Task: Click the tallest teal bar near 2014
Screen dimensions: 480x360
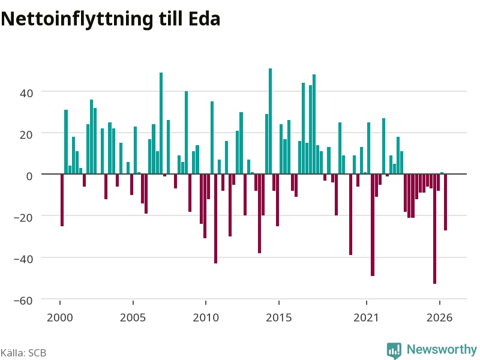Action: (x=271, y=121)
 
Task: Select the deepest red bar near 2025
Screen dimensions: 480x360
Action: (x=434, y=229)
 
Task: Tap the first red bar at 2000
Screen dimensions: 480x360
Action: (x=62, y=200)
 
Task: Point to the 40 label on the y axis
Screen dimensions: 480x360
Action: (x=26, y=93)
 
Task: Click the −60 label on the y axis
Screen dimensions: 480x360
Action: (x=23, y=301)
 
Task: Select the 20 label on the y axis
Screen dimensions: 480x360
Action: (x=26, y=134)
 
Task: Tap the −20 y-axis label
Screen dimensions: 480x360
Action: (x=23, y=218)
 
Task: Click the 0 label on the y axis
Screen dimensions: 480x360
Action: (x=29, y=176)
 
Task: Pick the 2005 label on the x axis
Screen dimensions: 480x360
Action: (x=133, y=317)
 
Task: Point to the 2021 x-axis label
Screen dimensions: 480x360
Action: (x=366, y=317)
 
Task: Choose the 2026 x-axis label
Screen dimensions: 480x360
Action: (x=439, y=317)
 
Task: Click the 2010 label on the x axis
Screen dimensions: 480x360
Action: (x=206, y=317)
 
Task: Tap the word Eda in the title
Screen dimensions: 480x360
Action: (x=205, y=19)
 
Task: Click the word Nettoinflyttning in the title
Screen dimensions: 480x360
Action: (x=77, y=20)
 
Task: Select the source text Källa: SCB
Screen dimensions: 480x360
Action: (x=23, y=353)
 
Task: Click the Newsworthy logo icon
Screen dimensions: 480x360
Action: (x=394, y=350)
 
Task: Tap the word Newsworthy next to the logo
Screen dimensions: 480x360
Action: (x=442, y=349)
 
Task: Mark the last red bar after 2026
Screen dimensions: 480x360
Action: (x=446, y=202)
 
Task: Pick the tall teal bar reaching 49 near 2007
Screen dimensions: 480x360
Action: (x=161, y=123)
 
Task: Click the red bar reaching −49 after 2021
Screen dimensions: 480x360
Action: (x=373, y=225)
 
